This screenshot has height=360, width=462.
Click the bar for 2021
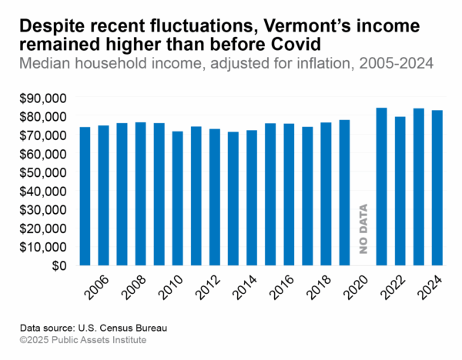tap(381, 186)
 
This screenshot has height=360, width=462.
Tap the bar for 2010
tap(178, 198)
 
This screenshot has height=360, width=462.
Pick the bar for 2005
tap(85, 196)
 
